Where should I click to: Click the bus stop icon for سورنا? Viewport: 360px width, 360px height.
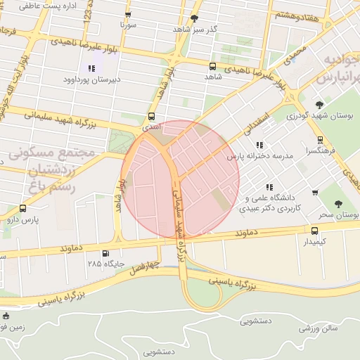tap(127, 14)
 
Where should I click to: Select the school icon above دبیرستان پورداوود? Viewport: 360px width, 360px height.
tap(91, 68)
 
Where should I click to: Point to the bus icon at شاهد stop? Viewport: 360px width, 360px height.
tap(212, 65)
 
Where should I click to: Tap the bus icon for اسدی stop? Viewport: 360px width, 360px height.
tap(152, 117)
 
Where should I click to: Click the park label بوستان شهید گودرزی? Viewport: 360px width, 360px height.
tap(323, 115)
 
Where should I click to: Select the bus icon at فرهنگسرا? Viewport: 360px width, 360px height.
tap(320, 140)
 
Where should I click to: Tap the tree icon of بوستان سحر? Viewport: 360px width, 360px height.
tap(339, 203)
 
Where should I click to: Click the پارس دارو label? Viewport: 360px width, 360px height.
tap(23, 219)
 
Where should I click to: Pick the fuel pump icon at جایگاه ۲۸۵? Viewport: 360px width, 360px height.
tap(106, 253)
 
